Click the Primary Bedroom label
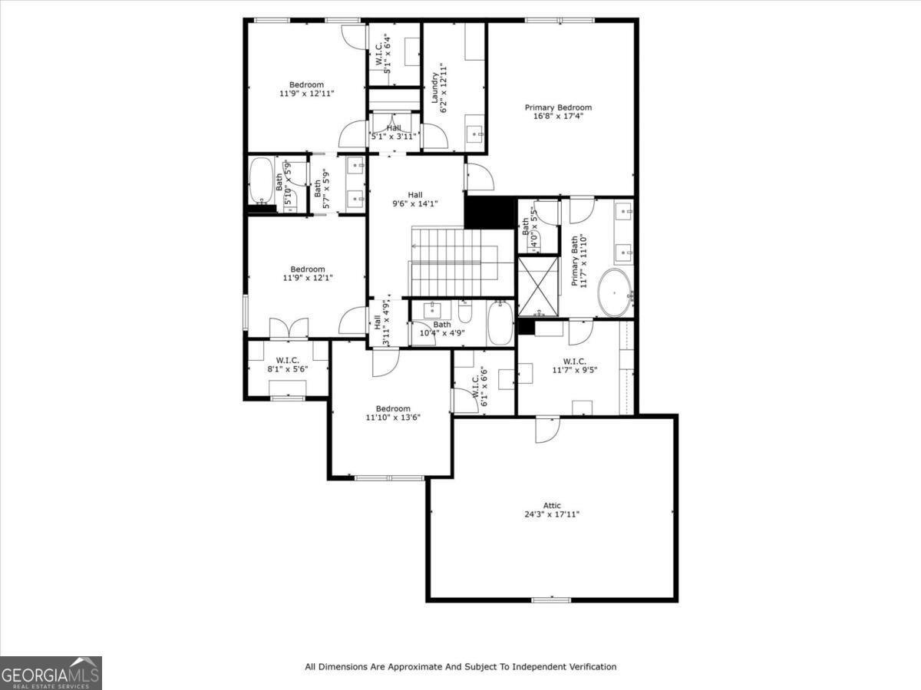(x=558, y=107)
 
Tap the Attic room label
(x=552, y=505)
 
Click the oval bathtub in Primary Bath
(x=615, y=292)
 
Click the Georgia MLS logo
(x=51, y=673)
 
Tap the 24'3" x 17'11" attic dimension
(x=552, y=514)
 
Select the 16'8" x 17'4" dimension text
(x=558, y=117)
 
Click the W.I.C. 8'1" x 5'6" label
(x=288, y=365)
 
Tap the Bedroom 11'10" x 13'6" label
(x=393, y=413)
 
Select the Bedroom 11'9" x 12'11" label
(x=306, y=89)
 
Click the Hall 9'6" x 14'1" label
(x=414, y=200)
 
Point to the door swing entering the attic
(x=547, y=429)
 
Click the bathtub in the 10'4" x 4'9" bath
(x=500, y=323)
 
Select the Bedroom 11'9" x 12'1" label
(x=307, y=273)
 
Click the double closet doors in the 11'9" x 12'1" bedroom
(x=289, y=328)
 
